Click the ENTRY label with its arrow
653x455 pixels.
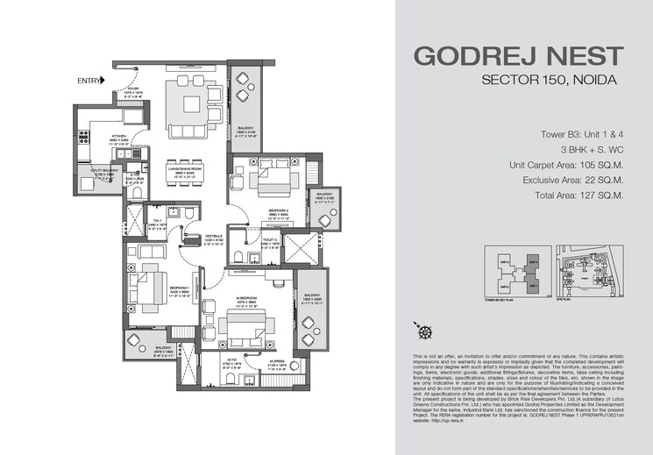pyautogui.click(x=91, y=81)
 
